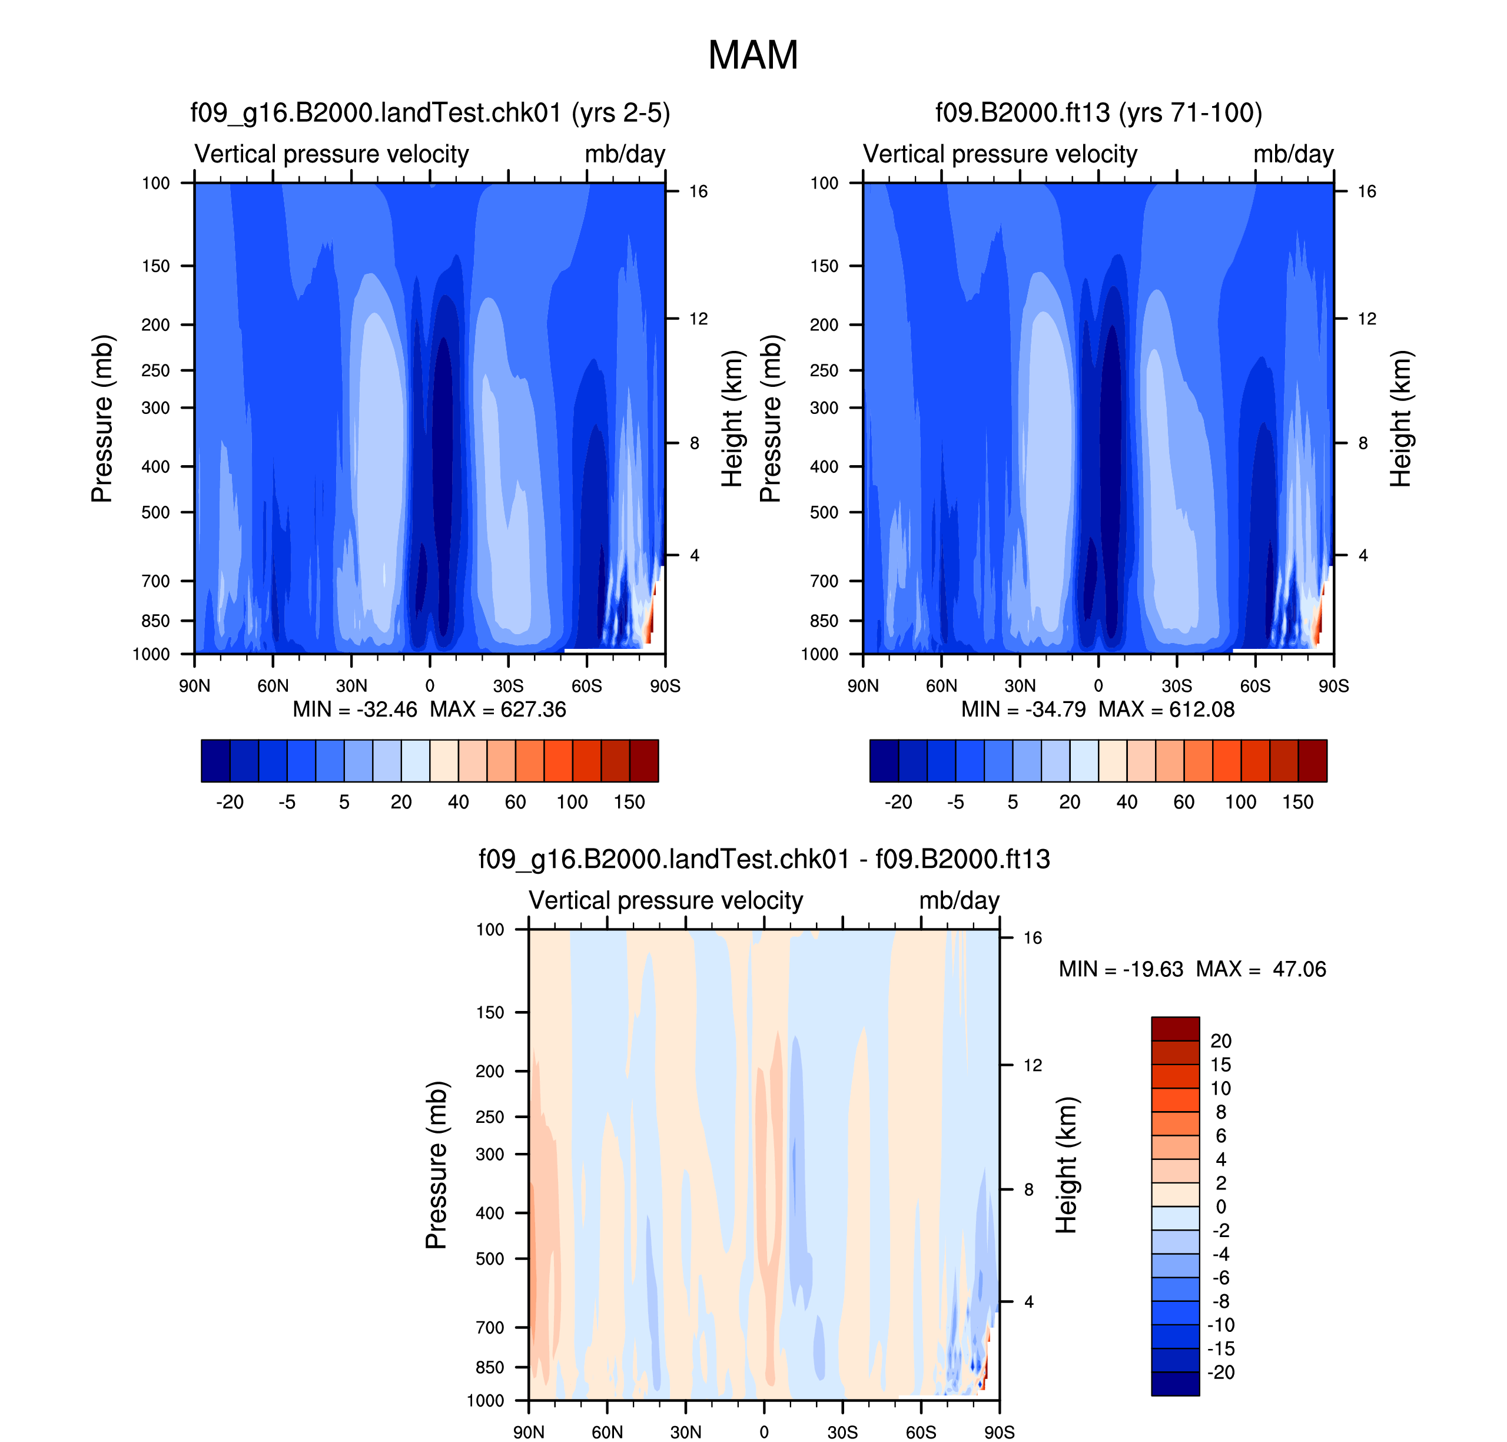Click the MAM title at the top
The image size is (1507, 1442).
pos(752,55)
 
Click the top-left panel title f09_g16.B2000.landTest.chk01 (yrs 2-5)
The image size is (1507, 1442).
pos(430,113)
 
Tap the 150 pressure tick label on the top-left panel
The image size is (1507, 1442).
pos(155,266)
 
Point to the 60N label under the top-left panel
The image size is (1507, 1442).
pos(273,685)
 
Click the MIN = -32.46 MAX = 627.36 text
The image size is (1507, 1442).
pos(430,710)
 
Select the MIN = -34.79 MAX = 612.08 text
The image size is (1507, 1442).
pos(1098,710)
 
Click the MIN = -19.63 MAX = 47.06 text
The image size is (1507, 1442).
pos(1192,969)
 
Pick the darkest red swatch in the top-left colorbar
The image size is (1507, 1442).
pos(644,761)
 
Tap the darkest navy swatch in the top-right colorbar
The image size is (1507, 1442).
pos(884,761)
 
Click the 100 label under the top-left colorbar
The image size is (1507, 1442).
pos(573,803)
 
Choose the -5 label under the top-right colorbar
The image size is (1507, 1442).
pos(955,803)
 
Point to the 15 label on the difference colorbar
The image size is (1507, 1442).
pos(1220,1065)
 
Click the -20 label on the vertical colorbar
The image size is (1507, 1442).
pos(1220,1372)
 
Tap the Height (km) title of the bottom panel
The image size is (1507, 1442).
pos(1067,1165)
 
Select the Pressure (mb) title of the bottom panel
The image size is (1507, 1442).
pos(436,1165)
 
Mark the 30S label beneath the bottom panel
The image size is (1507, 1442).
pos(842,1432)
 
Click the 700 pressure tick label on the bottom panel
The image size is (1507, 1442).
pos(490,1327)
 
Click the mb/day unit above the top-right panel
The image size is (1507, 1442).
pos(1293,154)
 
